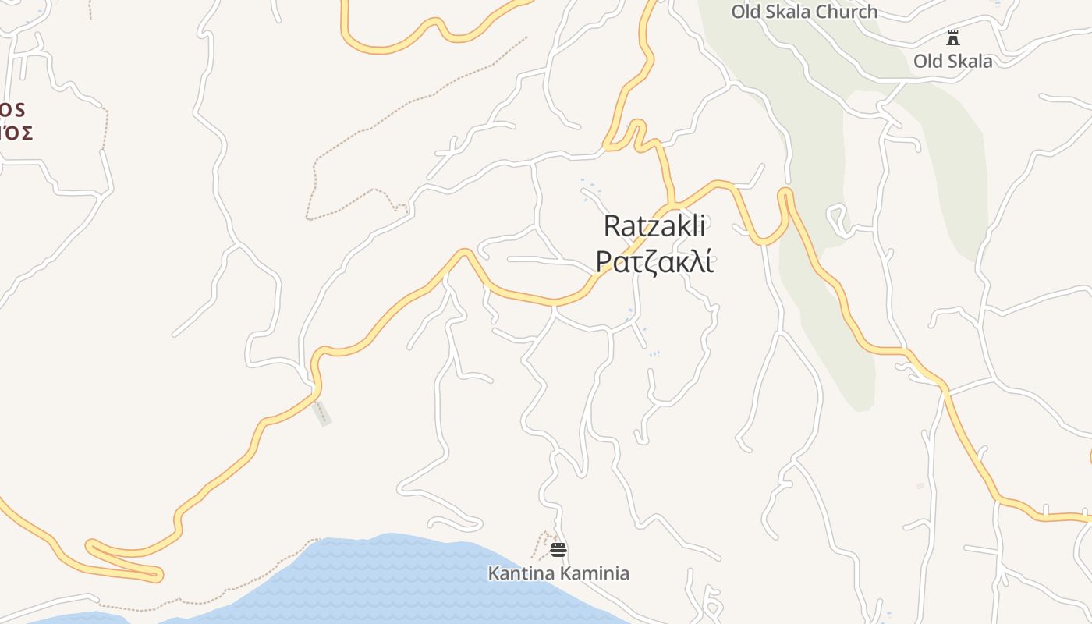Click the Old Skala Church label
pyautogui.click(x=803, y=12)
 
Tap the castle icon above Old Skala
pyautogui.click(x=952, y=37)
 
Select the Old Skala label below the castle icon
pyautogui.click(x=952, y=61)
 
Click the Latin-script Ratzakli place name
pyautogui.click(x=654, y=226)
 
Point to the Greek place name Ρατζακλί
pyautogui.click(x=654, y=262)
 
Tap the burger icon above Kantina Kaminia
pyautogui.click(x=558, y=550)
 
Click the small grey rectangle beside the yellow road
pyautogui.click(x=321, y=413)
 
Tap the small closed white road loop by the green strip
pyautogui.click(x=837, y=217)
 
